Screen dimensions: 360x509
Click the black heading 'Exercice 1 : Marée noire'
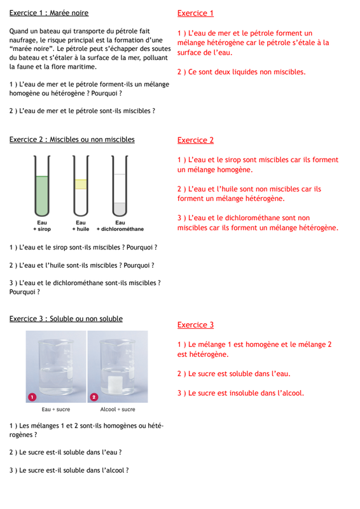49,13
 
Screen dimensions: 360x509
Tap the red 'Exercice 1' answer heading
195,13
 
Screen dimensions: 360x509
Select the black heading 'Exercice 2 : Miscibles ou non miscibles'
72,139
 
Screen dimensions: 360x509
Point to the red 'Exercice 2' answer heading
195,140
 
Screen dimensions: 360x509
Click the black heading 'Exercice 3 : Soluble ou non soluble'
66,319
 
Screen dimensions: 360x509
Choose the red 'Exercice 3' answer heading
195,325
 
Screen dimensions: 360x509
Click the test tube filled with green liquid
42,186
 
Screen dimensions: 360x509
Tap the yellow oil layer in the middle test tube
81,185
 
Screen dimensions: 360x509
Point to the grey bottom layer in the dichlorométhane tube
120,209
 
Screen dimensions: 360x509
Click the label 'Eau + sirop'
42,226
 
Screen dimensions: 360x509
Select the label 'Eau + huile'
81,226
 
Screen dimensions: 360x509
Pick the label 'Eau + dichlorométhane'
120,226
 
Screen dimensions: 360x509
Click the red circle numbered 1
32,397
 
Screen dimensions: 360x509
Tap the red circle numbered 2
94,397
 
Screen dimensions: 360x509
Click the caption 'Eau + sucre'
56,410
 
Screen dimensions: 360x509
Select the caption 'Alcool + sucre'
118,410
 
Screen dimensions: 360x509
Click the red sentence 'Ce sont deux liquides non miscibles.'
247,72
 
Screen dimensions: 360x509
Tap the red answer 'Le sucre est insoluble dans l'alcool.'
246,393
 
